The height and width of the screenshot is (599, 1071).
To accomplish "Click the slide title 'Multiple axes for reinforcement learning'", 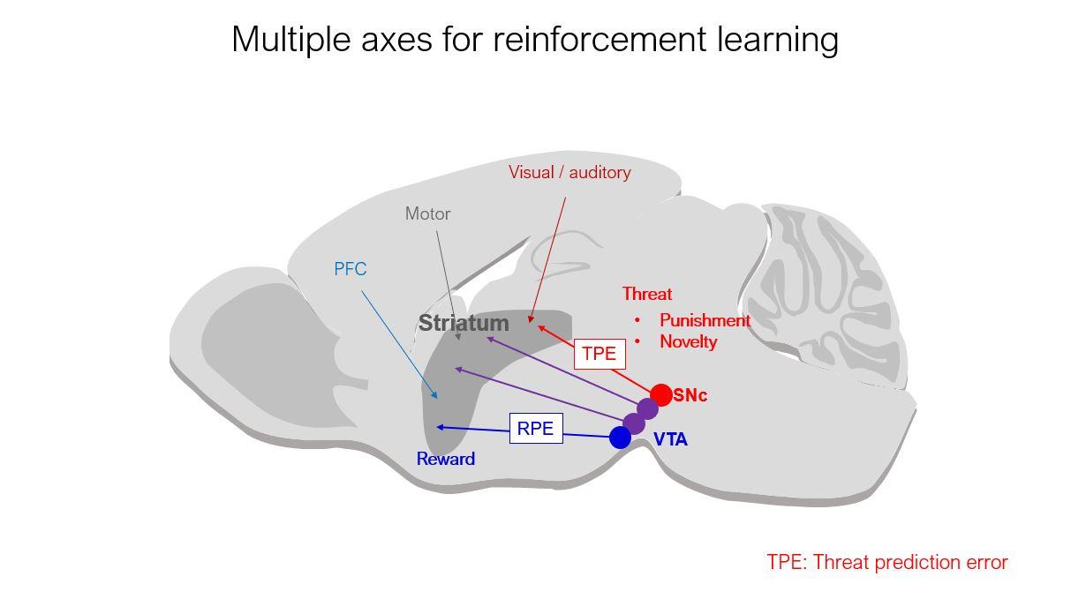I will tap(534, 40).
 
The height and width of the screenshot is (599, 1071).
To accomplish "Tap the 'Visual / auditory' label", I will tap(569, 172).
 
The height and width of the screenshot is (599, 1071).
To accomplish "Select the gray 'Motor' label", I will tap(427, 213).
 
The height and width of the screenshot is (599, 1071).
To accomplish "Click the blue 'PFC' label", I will tap(350, 269).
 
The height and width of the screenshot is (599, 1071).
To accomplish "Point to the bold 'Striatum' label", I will tap(464, 323).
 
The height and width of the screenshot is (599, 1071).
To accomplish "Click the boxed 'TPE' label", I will tap(599, 354).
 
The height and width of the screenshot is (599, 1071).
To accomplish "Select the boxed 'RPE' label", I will tap(535, 429).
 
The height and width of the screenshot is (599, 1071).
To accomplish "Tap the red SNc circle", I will tap(660, 394).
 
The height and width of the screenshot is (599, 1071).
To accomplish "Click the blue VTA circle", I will tap(620, 438).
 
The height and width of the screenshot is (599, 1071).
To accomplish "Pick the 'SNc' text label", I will tap(690, 395).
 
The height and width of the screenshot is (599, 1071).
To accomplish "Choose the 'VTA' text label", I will tap(670, 439).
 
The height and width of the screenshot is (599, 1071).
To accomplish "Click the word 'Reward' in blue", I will tap(446, 459).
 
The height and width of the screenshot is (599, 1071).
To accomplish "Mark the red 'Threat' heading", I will tap(646, 294).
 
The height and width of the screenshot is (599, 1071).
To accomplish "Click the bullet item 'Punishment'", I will tap(705, 320).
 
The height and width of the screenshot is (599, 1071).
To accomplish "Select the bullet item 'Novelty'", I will tap(688, 341).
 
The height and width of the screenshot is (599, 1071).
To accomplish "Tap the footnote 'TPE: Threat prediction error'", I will tap(886, 562).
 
